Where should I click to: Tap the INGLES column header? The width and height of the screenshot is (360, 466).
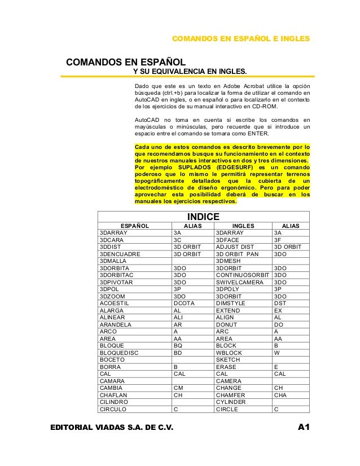(x=243, y=226)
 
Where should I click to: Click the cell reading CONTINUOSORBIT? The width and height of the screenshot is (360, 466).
(x=243, y=275)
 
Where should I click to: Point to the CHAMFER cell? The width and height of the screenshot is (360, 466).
(x=231, y=395)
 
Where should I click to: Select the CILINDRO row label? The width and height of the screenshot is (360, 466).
(x=115, y=402)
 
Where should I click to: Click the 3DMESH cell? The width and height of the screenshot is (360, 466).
(x=229, y=261)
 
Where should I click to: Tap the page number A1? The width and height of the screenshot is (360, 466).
(x=306, y=433)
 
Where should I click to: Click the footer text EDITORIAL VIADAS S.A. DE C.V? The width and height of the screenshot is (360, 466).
(x=110, y=433)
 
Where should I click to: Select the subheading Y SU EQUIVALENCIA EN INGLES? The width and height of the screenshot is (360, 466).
(x=189, y=72)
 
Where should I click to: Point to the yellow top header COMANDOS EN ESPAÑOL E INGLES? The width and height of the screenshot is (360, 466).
(x=240, y=39)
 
